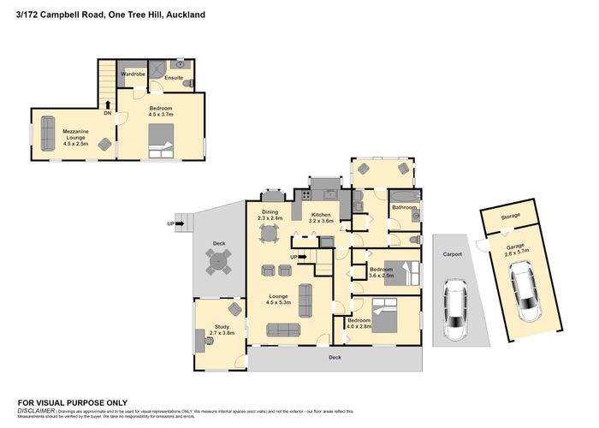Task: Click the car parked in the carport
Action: pyautogui.click(x=456, y=310)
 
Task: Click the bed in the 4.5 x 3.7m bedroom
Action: pyautogui.click(x=161, y=140)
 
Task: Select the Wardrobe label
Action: pyautogui.click(x=132, y=74)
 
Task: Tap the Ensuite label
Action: pyautogui.click(x=175, y=77)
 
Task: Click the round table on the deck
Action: pyautogui.click(x=219, y=268)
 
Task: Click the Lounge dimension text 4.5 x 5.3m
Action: pyautogui.click(x=279, y=301)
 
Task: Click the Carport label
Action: pyautogui.click(x=453, y=254)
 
